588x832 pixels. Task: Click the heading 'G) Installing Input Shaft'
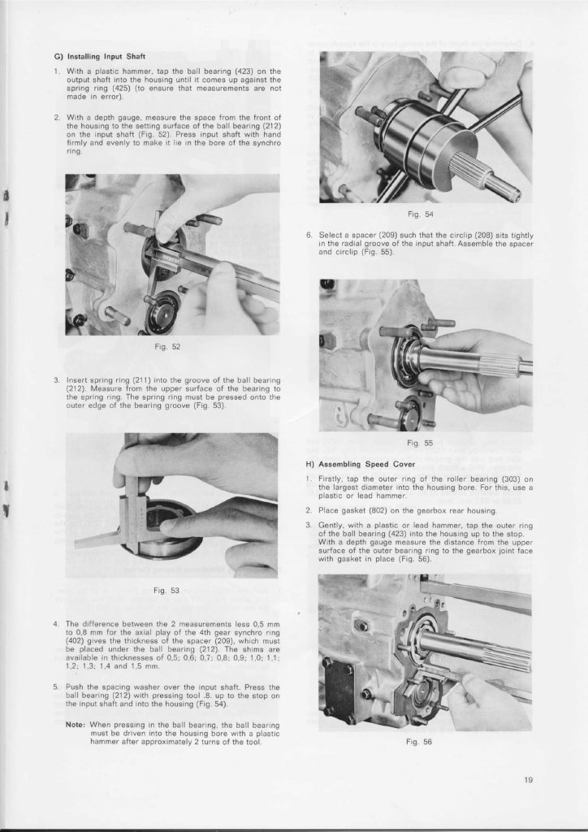point(99,56)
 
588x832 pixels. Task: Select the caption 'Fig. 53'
point(171,590)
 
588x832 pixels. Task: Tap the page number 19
point(528,780)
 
